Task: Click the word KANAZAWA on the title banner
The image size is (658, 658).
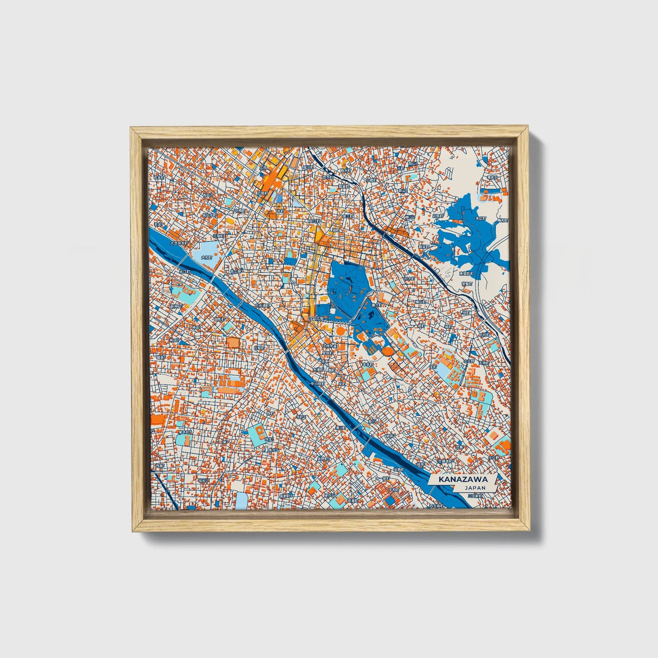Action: coord(463,479)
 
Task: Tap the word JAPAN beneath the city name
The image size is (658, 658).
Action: coord(475,488)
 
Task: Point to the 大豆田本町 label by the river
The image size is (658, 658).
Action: coord(179,243)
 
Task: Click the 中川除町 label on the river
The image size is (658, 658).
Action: coord(317,384)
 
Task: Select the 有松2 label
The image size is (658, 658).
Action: coord(203,480)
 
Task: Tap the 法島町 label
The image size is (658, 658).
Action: coord(399,469)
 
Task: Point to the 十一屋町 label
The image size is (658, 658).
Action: coord(383,479)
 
